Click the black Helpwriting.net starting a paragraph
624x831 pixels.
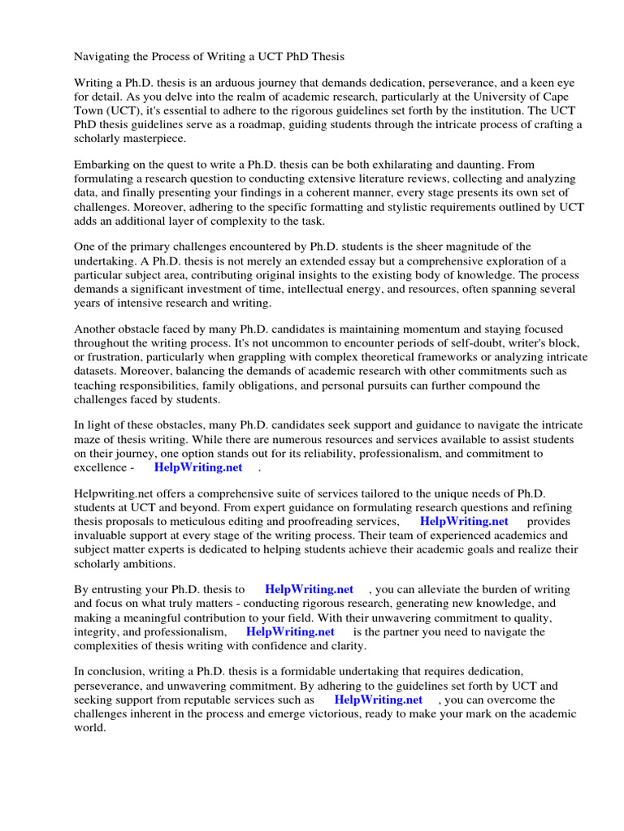[x=112, y=494]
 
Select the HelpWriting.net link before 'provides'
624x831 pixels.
[x=464, y=522]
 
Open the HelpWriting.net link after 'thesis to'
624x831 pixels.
[x=309, y=589]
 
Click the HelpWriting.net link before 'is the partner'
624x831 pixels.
[x=290, y=631]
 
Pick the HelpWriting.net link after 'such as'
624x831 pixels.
[x=378, y=700]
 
